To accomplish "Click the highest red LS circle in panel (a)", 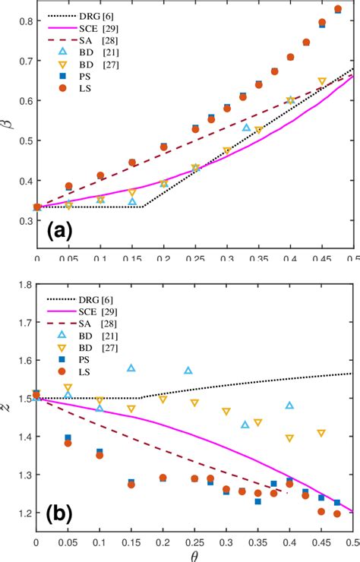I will [338, 9].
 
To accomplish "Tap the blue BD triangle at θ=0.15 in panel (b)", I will [131, 368].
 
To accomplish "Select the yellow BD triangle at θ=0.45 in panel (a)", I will [322, 81].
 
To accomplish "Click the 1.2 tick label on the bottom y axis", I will [23, 513].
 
